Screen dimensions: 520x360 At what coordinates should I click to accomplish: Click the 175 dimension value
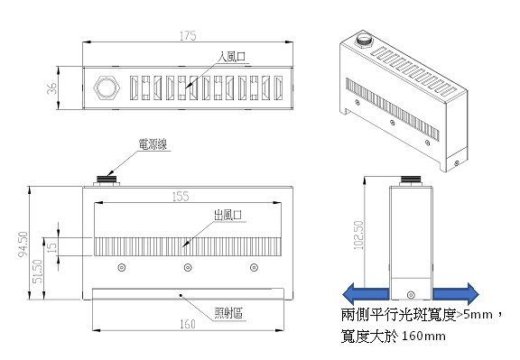point(188,36)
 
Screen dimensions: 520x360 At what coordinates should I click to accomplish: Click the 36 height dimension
point(51,88)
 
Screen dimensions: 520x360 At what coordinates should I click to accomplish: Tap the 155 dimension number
point(181,197)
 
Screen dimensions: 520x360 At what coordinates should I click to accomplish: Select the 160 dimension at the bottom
point(188,324)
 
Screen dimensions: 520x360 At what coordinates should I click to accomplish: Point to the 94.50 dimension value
point(23,245)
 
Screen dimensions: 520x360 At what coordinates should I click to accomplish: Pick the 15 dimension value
point(52,247)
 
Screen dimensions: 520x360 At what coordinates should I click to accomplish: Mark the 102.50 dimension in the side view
point(358,235)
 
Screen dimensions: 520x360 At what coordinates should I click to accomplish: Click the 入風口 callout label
point(232,56)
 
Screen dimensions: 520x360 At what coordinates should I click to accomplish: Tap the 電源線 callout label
point(153,144)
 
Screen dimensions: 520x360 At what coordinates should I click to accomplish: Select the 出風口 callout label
point(227,215)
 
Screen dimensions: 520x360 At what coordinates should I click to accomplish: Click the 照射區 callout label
point(228,312)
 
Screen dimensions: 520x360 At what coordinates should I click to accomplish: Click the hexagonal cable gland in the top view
point(107,88)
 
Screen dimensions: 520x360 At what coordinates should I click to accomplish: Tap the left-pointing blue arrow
point(365,294)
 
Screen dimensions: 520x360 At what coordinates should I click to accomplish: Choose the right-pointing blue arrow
point(456,294)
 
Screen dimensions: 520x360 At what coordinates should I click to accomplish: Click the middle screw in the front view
point(188,267)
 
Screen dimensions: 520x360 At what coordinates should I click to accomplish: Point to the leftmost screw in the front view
point(122,267)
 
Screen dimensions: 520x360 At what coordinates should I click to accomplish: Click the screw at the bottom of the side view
point(411,295)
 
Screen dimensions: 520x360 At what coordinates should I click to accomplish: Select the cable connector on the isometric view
point(364,39)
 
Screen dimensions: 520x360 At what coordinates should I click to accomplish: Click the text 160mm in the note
point(423,337)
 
